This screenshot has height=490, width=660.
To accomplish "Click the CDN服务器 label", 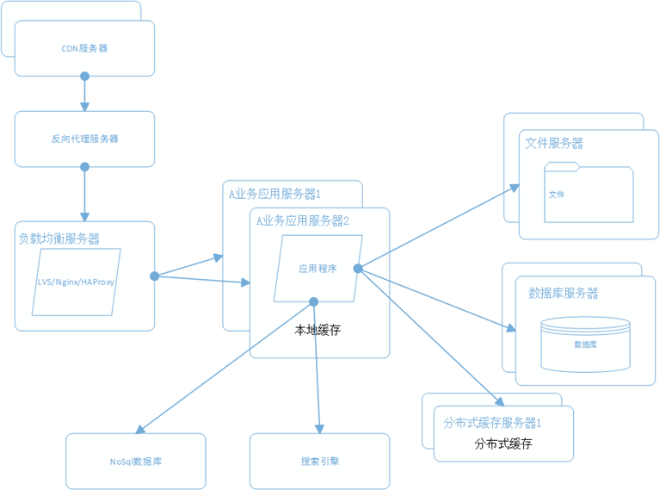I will (x=84, y=48).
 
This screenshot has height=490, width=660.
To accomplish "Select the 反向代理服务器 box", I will (x=84, y=139).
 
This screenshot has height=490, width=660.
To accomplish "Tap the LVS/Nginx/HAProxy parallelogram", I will (x=77, y=282).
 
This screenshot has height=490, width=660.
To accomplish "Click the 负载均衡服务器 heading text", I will (x=59, y=239).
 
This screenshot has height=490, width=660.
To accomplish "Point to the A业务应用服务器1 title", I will (x=274, y=193).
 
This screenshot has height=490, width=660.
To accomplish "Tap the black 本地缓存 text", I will (x=318, y=329).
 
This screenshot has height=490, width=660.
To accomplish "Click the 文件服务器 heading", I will (x=554, y=143).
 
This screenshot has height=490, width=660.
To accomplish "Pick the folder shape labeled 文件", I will (x=589, y=195).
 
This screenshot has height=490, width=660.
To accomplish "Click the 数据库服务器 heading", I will (x=564, y=293).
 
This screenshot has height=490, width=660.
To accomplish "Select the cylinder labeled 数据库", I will (x=585, y=344).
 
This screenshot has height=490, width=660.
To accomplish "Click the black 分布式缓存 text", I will (x=503, y=444).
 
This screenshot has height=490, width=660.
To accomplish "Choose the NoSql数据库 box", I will (x=136, y=462).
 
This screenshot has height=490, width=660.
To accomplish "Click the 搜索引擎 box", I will (x=319, y=462).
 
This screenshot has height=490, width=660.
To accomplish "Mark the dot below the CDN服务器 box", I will (x=84, y=77).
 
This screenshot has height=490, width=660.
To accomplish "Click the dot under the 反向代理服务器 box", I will (x=84, y=166).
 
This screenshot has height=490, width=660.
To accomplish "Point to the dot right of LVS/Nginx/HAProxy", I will (x=155, y=276).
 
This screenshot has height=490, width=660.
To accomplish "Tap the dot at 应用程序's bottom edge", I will (x=314, y=301).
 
